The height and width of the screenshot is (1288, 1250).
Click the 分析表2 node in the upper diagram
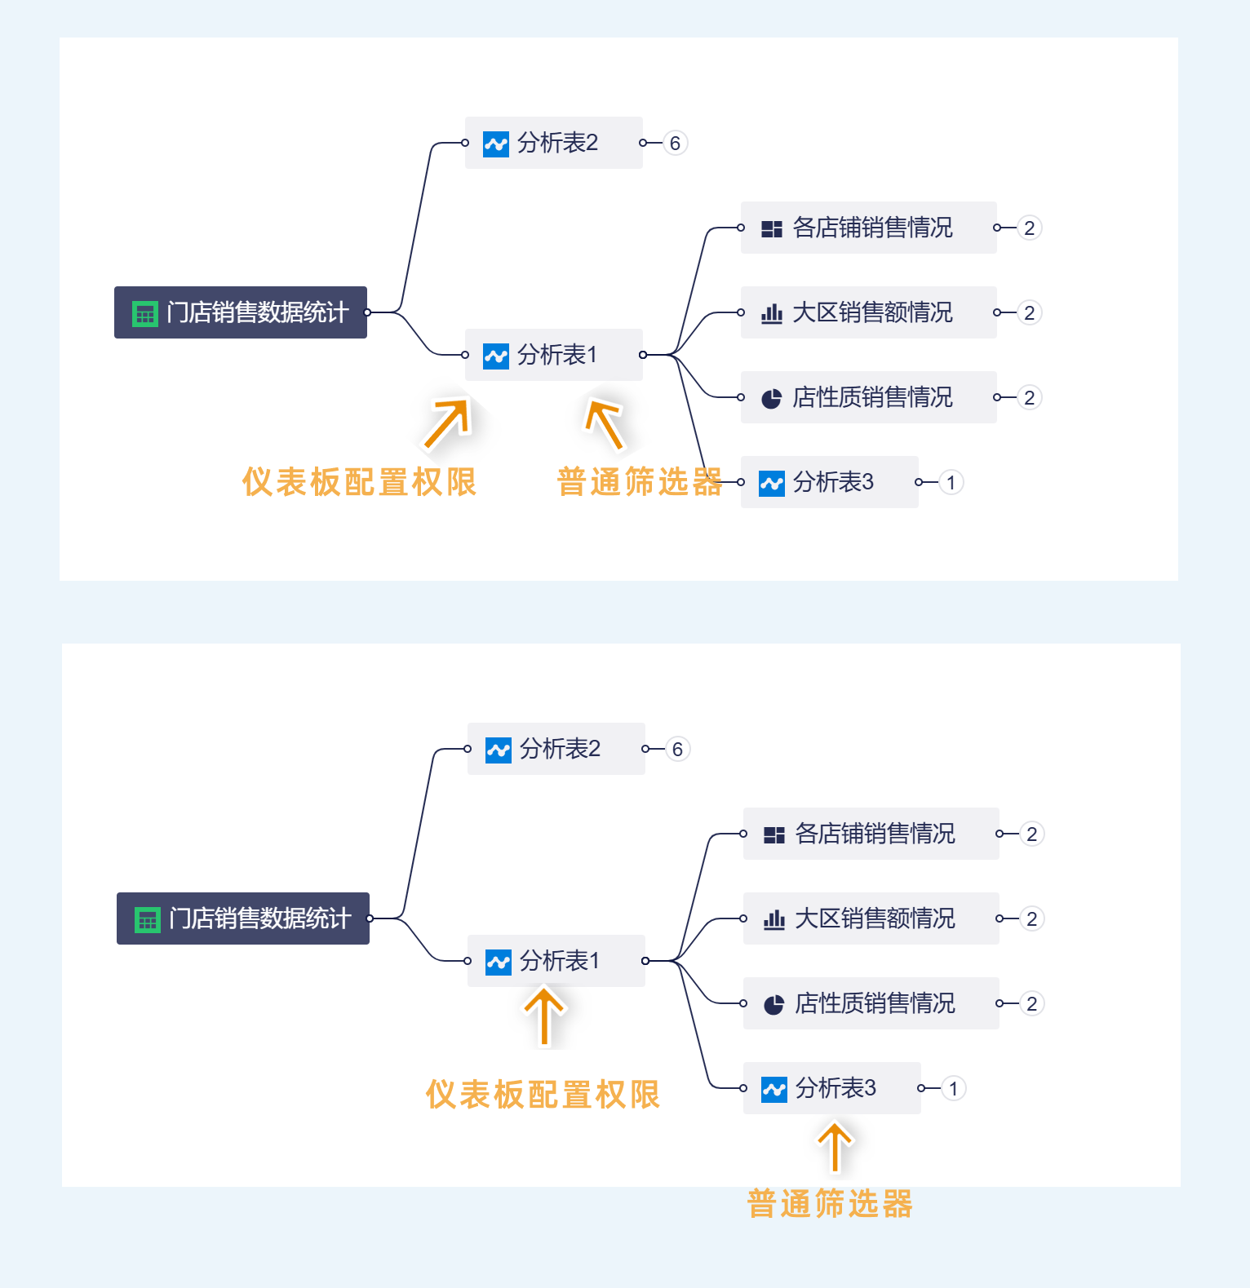[553, 143]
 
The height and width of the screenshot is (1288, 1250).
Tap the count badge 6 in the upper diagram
[675, 144]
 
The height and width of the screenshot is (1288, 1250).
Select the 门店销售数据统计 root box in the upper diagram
[241, 312]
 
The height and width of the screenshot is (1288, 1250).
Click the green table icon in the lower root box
[147, 919]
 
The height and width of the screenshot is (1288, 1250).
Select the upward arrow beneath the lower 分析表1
[544, 1016]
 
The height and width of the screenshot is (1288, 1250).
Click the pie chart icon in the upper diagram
[771, 398]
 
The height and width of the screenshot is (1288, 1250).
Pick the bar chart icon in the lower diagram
[773, 919]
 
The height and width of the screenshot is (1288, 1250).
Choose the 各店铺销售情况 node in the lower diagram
[871, 834]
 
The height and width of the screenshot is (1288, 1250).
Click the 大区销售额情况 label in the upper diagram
[872, 312]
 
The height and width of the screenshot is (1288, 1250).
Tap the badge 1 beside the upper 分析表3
[951, 483]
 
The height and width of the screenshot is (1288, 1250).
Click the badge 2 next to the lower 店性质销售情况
[1032, 1003]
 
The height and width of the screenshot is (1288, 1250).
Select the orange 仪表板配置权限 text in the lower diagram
[543, 1095]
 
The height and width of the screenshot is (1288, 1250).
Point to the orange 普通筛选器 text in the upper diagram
[640, 482]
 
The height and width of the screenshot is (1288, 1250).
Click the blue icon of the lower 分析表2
[498, 750]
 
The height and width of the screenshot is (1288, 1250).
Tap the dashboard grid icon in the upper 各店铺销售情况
[771, 228]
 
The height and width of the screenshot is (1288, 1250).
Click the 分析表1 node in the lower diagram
[556, 961]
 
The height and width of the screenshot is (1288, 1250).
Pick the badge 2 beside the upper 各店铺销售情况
[1030, 228]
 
